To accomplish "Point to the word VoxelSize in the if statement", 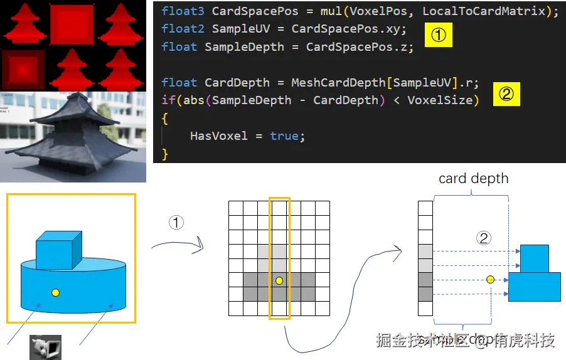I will (443, 100).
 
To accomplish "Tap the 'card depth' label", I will (473, 179).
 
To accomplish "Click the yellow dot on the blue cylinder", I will (56, 292).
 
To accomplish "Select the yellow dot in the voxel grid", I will (279, 280).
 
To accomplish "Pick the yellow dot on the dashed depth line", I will (490, 279).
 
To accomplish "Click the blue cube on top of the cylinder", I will (59, 250).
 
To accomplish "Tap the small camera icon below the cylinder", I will (45, 347).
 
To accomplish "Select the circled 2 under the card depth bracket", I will (483, 238).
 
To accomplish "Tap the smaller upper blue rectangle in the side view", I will (535, 258).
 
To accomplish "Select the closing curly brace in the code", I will (165, 153).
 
